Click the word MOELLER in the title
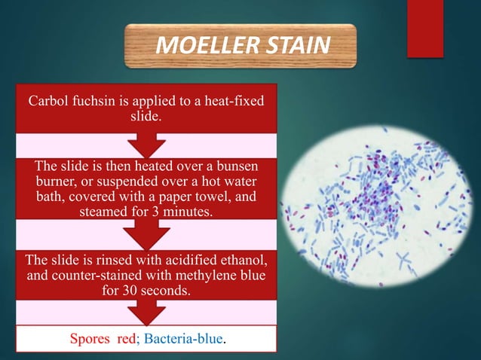click(198, 46)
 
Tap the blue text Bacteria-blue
click(184, 339)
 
